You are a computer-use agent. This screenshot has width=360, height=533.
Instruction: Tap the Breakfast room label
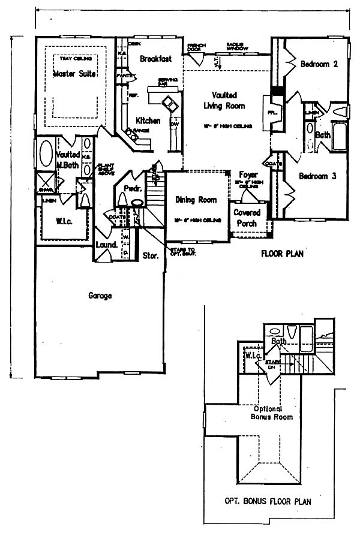click(x=156, y=59)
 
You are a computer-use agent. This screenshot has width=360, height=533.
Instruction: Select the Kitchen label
click(x=148, y=121)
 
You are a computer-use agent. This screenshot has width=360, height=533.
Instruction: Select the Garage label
click(x=100, y=296)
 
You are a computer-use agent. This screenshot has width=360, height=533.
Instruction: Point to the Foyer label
click(x=248, y=175)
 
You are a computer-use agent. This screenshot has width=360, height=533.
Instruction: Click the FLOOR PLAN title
click(x=282, y=254)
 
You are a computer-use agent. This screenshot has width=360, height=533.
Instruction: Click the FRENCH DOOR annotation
click(x=196, y=47)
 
